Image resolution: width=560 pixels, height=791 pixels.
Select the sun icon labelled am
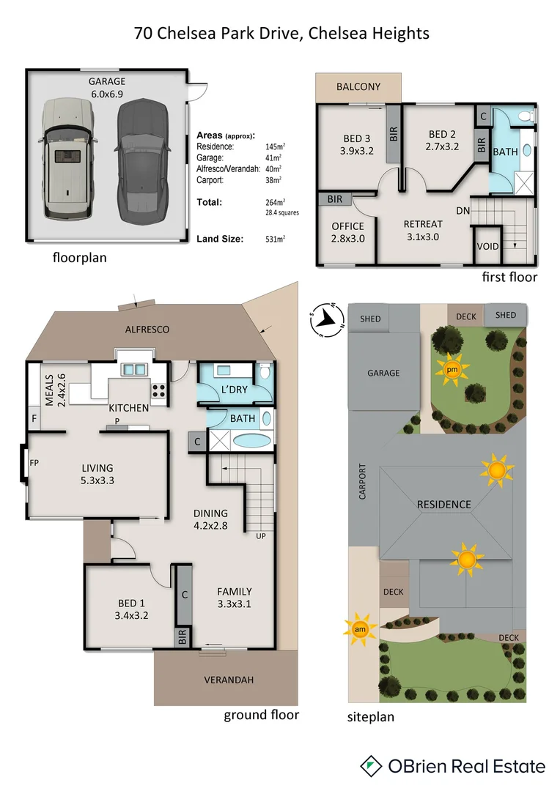pos(360,629)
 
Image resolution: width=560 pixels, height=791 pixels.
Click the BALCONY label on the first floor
pos(358,87)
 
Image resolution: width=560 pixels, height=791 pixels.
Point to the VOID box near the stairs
pos(487,247)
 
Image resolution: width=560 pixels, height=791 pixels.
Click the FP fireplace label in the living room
pos(34,463)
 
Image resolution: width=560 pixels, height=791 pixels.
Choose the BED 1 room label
pos(132,609)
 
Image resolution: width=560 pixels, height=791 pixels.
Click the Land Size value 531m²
pos(275,239)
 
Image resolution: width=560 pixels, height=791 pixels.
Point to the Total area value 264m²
pos(275,202)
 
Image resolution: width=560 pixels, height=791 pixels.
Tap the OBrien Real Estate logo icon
pos(372,766)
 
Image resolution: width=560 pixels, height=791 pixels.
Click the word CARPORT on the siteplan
pos(362,483)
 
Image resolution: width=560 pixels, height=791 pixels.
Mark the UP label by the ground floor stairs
pos(261,535)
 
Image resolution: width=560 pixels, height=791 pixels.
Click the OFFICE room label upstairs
pos(347,226)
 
